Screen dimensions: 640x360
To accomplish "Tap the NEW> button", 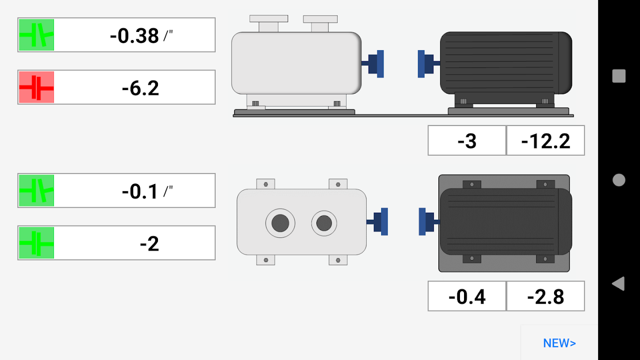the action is pos(559,343).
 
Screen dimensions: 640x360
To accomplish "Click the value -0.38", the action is pos(134,36).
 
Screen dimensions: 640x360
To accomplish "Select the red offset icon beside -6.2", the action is pos(36,87).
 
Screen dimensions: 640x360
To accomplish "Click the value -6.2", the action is pos(140,88).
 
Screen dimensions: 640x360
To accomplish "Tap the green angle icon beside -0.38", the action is pos(36,35).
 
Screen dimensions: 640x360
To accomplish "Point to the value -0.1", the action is pos(140,191).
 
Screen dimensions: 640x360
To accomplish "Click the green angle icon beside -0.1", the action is pos(36,190).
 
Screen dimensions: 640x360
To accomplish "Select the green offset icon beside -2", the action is pos(36,243).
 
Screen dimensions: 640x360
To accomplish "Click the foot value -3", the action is pos(467,141).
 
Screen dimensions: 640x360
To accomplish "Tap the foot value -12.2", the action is pos(546,141).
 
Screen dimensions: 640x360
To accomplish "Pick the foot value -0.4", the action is pos(467,297).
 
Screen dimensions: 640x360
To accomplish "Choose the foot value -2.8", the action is pos(546,297).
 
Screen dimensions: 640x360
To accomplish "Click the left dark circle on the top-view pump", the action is pos(280,223).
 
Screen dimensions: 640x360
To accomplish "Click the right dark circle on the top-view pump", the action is pos(324,223).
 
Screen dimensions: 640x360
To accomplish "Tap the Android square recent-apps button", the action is pos(619,76).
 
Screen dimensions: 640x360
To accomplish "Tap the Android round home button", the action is pos(619,180).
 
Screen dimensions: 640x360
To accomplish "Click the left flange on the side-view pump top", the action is pos(269,23).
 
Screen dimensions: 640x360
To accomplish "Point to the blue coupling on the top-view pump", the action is pos(378,222).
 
